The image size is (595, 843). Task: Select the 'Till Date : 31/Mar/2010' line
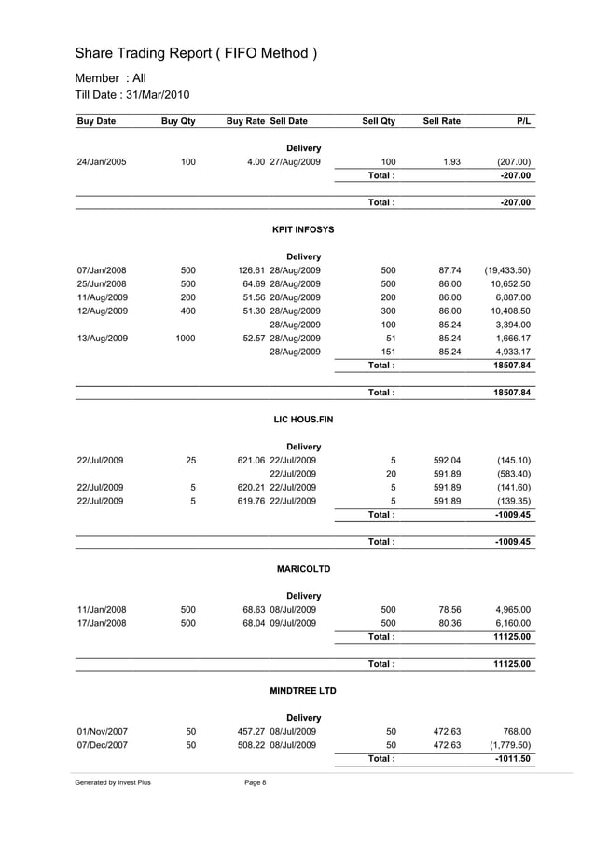click(x=131, y=95)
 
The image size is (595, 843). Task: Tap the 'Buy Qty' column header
click(x=178, y=121)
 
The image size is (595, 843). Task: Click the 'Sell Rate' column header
click(x=442, y=121)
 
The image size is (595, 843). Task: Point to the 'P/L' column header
click(x=522, y=121)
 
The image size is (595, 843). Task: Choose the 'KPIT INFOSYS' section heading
click(x=302, y=229)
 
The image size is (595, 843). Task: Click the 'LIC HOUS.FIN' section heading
click(x=302, y=420)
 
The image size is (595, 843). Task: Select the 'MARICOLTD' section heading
click(x=303, y=569)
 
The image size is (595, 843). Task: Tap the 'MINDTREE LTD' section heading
click(x=302, y=691)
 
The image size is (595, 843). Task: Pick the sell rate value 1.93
click(x=451, y=162)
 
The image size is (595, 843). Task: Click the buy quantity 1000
click(x=186, y=338)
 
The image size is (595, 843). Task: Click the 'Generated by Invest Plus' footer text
click(x=113, y=782)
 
